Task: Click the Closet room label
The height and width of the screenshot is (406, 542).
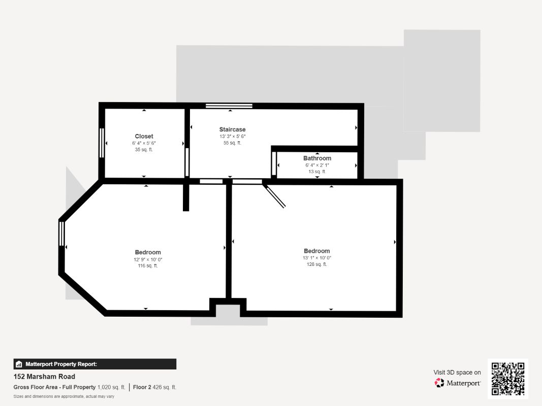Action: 144,137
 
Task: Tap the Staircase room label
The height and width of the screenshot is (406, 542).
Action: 232,129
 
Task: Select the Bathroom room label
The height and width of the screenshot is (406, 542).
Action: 317,158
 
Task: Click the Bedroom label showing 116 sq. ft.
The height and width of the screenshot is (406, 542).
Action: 148,252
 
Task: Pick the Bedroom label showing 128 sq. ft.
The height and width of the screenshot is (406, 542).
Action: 316,251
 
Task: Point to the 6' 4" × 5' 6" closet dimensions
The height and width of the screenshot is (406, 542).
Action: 144,143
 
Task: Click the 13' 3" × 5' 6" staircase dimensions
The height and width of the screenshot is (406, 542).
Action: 232,137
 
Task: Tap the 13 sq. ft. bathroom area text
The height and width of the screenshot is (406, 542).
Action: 317,172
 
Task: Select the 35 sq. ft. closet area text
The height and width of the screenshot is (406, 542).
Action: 144,150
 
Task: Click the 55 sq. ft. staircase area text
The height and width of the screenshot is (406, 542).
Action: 232,143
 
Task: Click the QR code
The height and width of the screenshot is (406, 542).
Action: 508,379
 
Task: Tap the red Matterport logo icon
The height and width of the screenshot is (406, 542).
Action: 439,383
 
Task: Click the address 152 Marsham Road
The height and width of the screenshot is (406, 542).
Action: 44,377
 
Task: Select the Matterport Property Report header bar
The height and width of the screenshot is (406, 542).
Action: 94,364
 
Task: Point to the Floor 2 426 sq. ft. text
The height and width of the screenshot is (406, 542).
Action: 154,387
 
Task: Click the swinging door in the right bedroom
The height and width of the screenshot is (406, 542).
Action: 274,196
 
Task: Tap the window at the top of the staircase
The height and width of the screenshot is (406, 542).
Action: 229,106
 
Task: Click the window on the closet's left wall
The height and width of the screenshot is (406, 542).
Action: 102,143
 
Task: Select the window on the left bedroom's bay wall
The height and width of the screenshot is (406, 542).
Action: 61,234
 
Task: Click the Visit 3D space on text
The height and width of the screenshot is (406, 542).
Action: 457,373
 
